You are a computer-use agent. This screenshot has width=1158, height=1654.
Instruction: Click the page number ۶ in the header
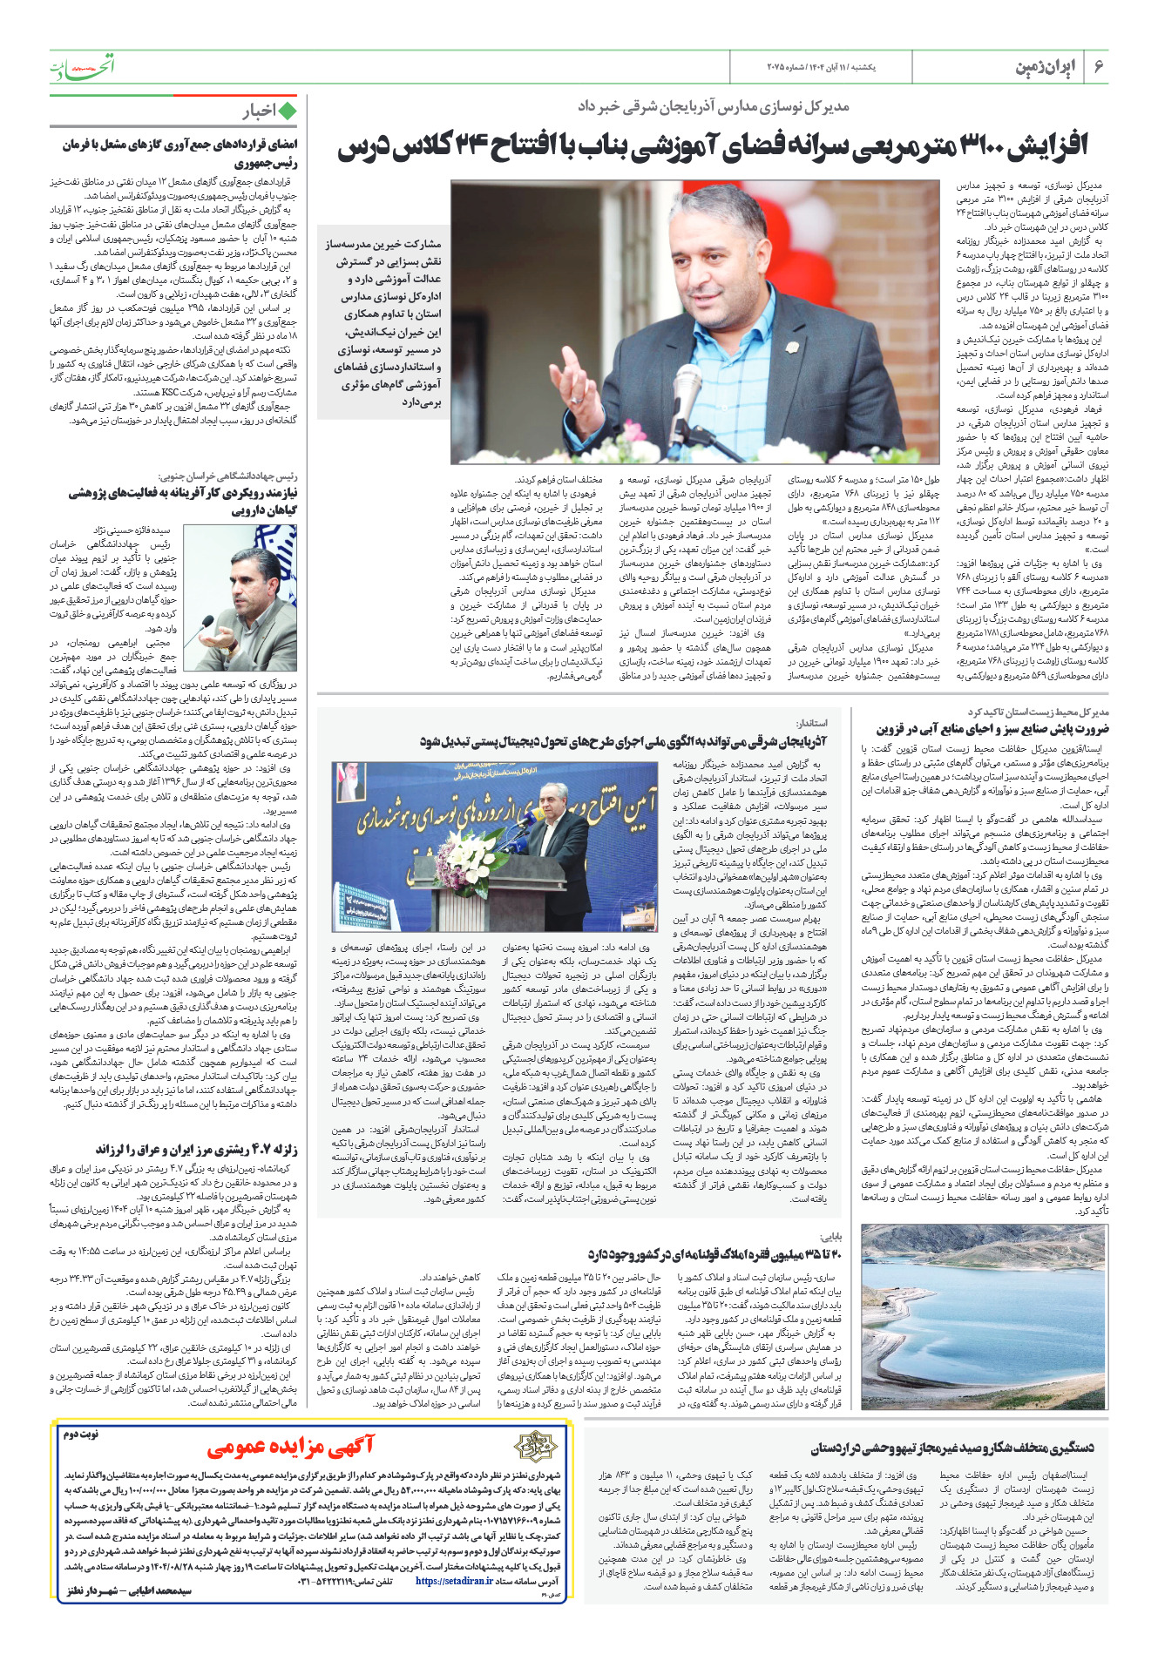coord(1098,68)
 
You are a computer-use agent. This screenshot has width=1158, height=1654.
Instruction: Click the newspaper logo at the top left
coord(82,66)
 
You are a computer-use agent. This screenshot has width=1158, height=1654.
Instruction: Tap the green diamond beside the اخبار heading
coord(287,111)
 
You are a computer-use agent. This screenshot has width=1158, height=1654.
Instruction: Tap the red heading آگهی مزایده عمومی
coord(290,1447)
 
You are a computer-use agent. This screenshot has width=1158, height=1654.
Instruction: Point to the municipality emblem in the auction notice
coord(534,1447)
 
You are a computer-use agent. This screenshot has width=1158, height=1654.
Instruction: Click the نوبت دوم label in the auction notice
coord(79,1434)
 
